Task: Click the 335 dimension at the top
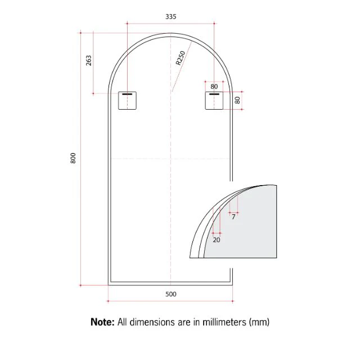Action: point(171,17)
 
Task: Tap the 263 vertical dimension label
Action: point(89,61)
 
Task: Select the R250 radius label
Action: point(180,58)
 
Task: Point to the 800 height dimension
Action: point(73,159)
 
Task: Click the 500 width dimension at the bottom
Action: point(171,294)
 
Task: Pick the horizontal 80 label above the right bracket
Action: point(214,87)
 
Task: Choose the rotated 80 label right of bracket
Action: point(238,100)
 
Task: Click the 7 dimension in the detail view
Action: point(233,217)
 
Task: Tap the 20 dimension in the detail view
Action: point(217,239)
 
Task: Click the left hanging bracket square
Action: point(128,101)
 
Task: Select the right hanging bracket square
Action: point(214,101)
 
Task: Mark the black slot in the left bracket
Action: point(128,94)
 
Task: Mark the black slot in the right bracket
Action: point(214,94)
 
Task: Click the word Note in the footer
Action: point(103,322)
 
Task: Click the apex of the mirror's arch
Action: point(171,34)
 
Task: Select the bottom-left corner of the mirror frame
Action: point(109,284)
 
